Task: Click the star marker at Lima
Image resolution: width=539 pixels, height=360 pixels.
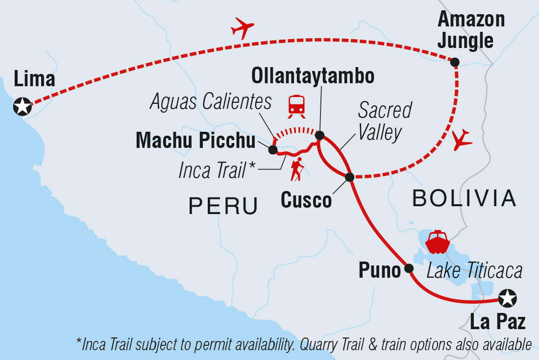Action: tap(22, 106)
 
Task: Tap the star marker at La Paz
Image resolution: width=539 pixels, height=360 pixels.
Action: tap(507, 298)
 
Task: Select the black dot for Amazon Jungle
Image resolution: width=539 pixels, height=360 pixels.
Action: tap(455, 62)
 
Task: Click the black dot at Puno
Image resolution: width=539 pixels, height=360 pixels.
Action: tap(409, 268)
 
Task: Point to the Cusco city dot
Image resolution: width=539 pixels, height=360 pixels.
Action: tap(349, 177)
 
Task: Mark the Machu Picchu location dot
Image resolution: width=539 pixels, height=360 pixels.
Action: tap(273, 150)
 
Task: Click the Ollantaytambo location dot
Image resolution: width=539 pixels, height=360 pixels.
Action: tap(319, 135)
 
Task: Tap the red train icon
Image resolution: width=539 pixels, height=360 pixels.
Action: tap(296, 106)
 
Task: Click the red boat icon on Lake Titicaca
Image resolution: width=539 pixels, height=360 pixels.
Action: tap(436, 241)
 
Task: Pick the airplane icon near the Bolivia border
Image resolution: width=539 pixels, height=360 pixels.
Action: tap(462, 141)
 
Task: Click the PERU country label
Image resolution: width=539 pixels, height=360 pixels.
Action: tap(223, 206)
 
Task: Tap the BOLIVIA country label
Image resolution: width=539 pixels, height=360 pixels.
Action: tap(464, 198)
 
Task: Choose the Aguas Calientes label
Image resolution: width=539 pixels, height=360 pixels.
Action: tap(211, 102)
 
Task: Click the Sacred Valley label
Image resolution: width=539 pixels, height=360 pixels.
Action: tap(384, 121)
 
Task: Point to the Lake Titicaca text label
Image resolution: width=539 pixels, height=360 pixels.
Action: tap(474, 270)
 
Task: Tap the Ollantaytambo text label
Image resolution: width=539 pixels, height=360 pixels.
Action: tap(313, 76)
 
